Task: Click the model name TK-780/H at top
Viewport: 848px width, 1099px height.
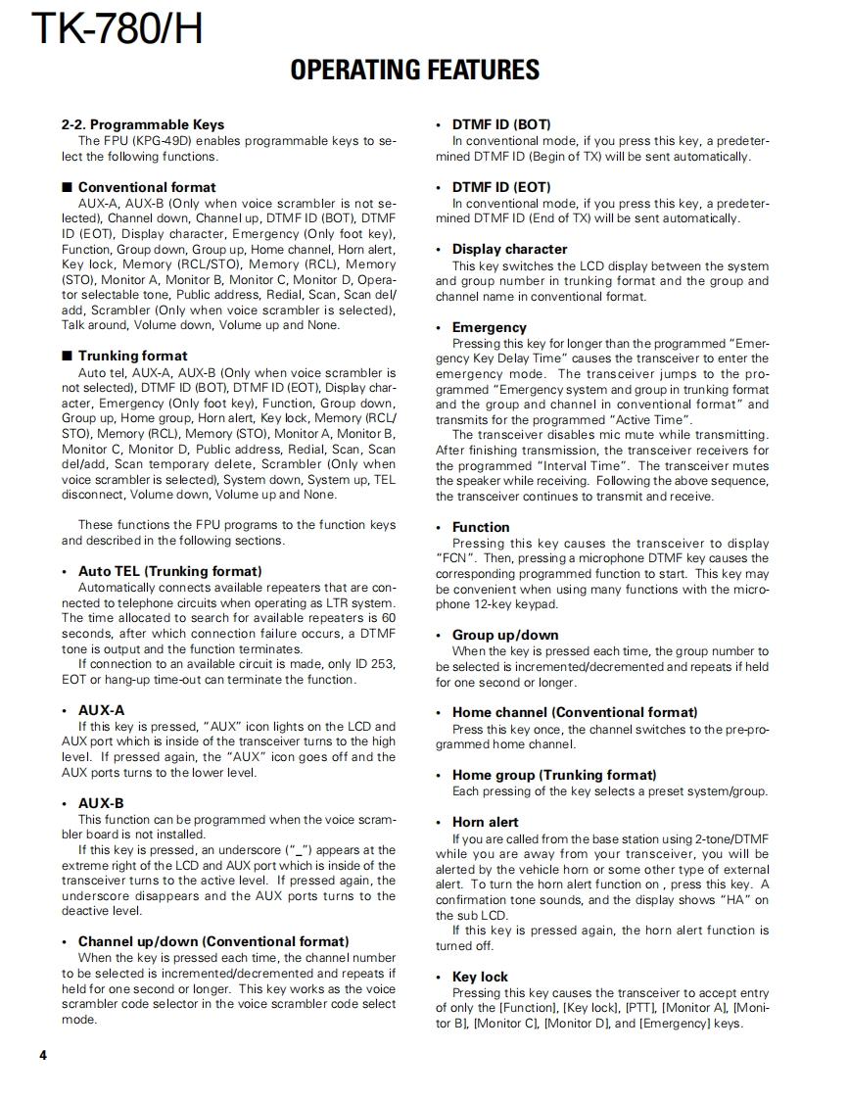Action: [118, 29]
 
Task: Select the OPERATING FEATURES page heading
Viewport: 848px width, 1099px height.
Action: [415, 71]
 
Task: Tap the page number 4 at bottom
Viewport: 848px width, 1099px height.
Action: [43, 1055]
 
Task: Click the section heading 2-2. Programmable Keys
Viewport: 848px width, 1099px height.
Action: [143, 124]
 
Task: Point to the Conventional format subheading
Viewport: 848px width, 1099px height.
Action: [147, 187]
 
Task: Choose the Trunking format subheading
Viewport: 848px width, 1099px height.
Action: [132, 356]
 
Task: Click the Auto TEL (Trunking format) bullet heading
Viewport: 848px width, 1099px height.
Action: [169, 571]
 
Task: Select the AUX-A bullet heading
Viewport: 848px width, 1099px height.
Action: [101, 710]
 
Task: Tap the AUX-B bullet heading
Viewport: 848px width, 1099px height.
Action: [101, 803]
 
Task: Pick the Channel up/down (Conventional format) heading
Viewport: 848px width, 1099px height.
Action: [212, 941]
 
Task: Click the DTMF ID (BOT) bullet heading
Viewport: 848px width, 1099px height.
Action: [500, 124]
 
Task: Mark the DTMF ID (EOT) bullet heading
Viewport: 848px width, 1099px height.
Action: [500, 187]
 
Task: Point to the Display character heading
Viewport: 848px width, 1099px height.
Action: [509, 250]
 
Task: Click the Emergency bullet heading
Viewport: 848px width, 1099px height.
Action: [489, 327]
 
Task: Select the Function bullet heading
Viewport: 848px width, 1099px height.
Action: [481, 527]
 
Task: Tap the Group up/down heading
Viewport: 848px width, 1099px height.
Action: [505, 635]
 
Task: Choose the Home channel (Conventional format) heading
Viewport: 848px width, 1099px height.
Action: [575, 712]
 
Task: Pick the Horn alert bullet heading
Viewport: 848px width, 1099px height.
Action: [485, 822]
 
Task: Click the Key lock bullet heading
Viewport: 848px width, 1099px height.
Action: [480, 977]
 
